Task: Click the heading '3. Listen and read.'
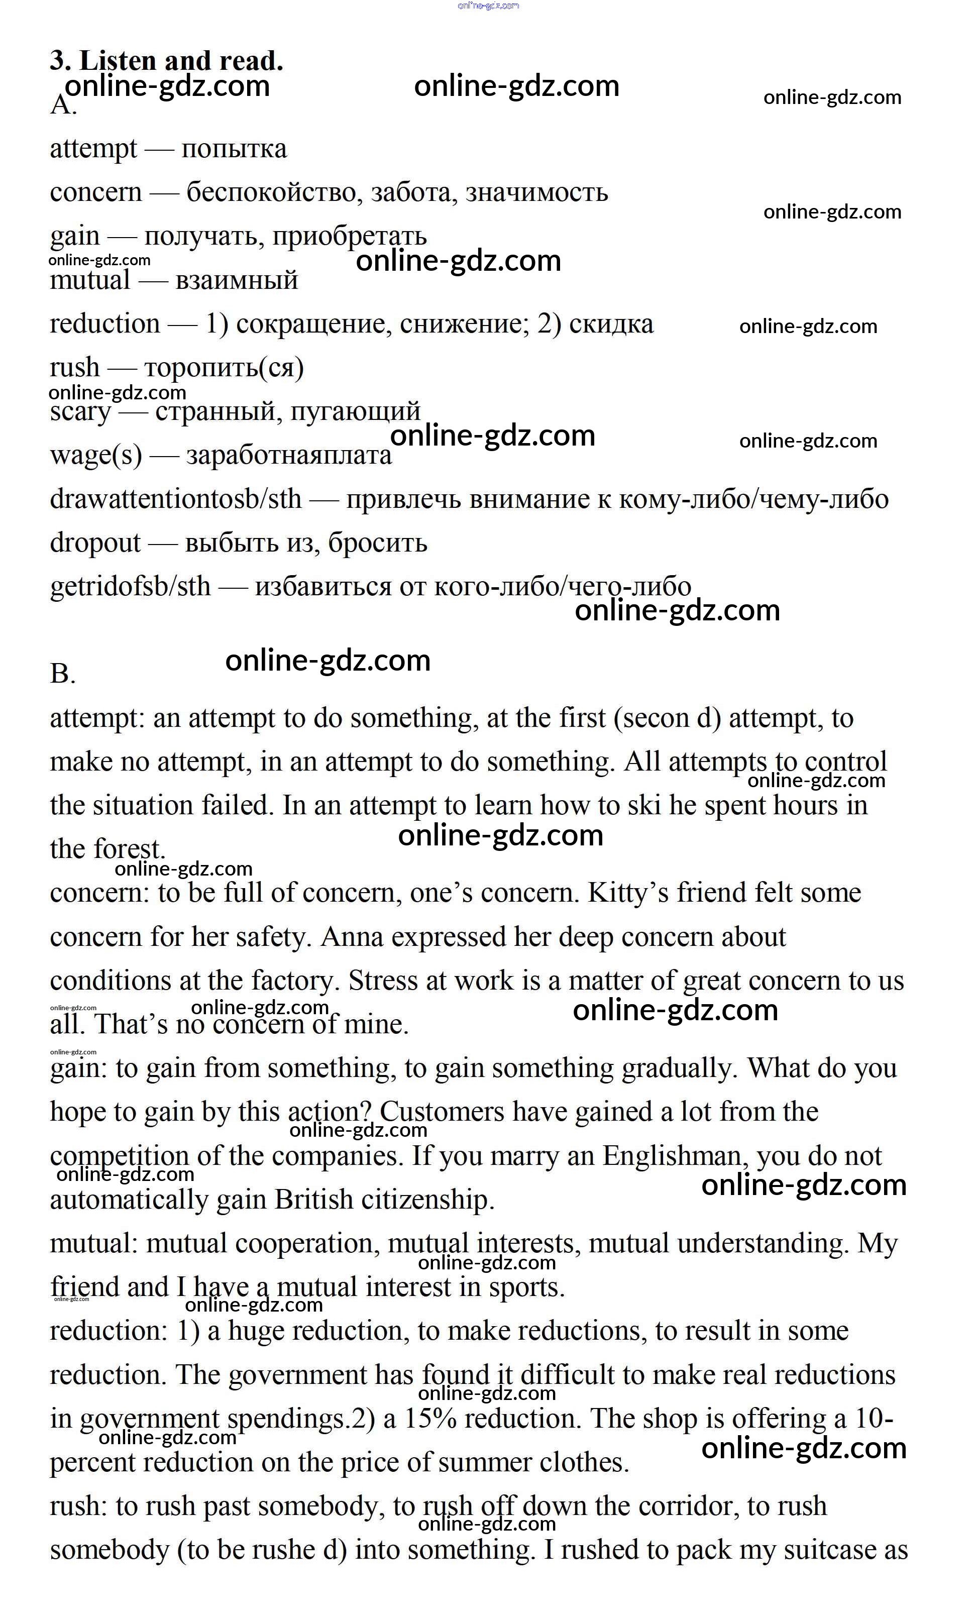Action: tap(166, 61)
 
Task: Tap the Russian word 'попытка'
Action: tap(234, 149)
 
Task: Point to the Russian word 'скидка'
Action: tap(611, 324)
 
